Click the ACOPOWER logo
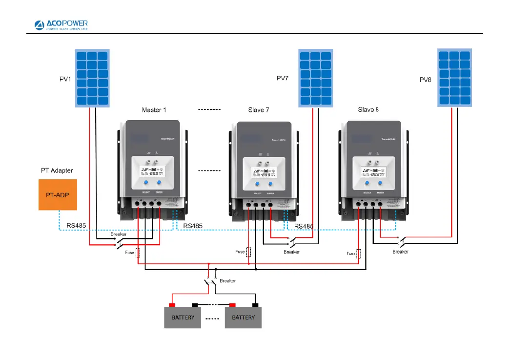(x=61, y=24)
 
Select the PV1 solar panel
(x=92, y=78)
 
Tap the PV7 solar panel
(x=315, y=78)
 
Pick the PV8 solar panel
(x=455, y=78)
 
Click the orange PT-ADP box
(x=58, y=195)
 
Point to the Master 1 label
(x=154, y=110)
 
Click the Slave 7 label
(x=259, y=110)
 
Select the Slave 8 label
(x=368, y=110)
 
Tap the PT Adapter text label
(x=57, y=171)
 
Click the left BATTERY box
(x=183, y=318)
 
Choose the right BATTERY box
(x=243, y=318)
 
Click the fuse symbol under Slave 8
(x=360, y=254)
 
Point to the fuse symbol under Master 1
(x=139, y=253)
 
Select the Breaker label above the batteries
(x=228, y=281)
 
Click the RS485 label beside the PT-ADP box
(x=76, y=226)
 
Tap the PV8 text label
(x=426, y=79)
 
